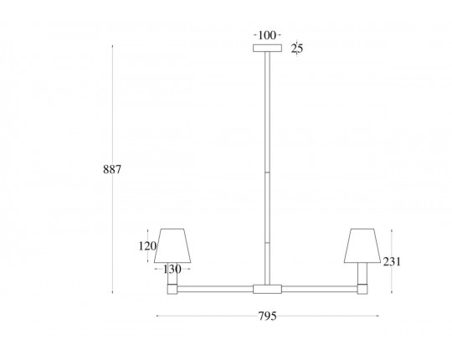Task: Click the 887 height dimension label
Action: pos(112,169)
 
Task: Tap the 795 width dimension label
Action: pos(267,316)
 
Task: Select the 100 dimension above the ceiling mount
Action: pos(267,35)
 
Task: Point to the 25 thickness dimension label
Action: pos(297,49)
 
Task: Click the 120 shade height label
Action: pos(147,246)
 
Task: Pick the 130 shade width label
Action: pos(172,270)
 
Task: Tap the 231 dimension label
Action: pos(392,262)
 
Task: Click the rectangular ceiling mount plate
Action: pos(267,48)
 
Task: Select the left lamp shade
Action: pos(172,246)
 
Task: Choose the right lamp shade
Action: pos(362,246)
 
